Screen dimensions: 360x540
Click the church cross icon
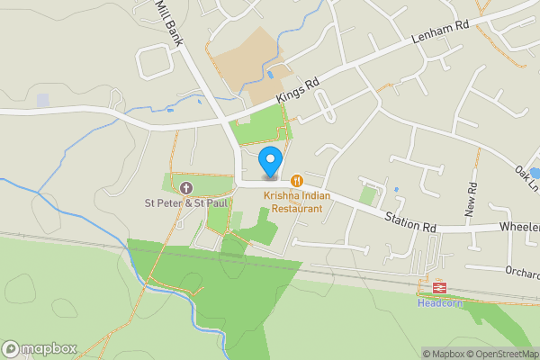(x=186, y=188)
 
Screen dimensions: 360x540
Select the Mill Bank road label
(x=168, y=15)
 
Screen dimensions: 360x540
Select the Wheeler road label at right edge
(x=519, y=227)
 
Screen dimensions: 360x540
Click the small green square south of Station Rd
(x=367, y=194)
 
